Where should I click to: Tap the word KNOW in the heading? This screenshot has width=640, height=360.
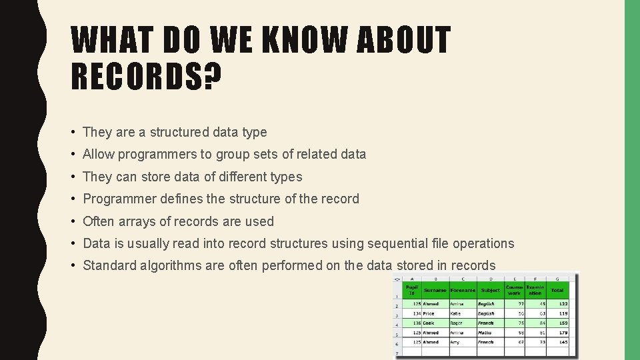(x=303, y=41)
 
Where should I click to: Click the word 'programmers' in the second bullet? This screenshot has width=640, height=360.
(x=159, y=155)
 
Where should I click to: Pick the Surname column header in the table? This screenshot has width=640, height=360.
(x=435, y=290)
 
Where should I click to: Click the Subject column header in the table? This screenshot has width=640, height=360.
(x=490, y=290)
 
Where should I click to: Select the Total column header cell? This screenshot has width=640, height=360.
(x=557, y=290)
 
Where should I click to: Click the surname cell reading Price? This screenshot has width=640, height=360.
(x=429, y=313)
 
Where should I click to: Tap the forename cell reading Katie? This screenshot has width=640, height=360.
(x=456, y=313)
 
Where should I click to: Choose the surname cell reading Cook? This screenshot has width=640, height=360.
(x=428, y=323)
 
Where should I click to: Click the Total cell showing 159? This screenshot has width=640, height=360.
(x=563, y=323)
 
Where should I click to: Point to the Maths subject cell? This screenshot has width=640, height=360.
(x=485, y=332)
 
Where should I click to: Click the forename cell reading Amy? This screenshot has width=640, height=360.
(x=455, y=342)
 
